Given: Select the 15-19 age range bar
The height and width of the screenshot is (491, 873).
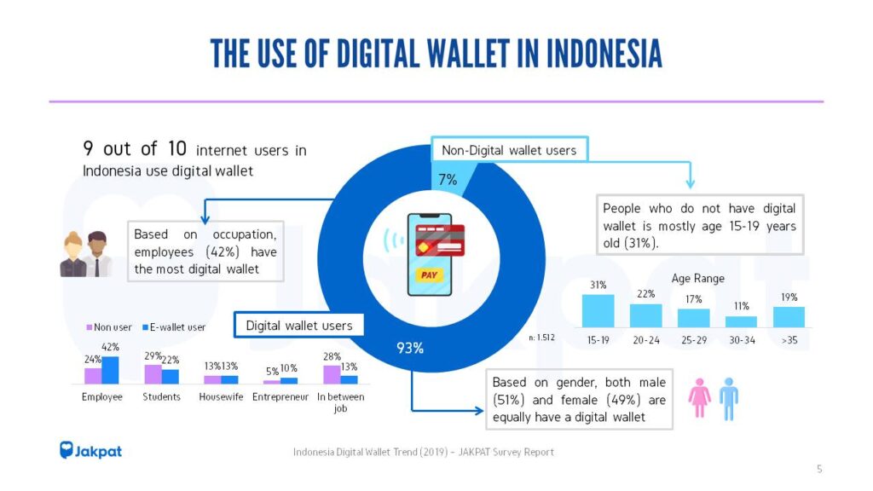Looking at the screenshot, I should point(598,310).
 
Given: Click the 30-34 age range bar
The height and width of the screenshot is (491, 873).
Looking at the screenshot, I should point(741,321).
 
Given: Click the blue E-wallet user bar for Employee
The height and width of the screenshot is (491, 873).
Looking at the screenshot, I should point(111,370).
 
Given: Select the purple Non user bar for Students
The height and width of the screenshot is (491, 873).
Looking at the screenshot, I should point(153,374).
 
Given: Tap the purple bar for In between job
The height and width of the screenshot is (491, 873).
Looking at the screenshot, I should point(332,374).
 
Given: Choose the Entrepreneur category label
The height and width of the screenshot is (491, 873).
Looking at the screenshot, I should point(280,396).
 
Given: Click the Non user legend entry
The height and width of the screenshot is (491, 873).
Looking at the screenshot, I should point(109,326).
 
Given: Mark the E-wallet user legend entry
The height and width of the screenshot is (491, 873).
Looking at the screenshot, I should point(175,326).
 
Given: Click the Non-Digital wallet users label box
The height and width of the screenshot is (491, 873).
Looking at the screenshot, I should point(509,151).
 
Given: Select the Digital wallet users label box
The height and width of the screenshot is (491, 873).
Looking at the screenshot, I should point(298,325).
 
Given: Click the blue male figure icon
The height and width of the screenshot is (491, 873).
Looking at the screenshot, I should point(728,397).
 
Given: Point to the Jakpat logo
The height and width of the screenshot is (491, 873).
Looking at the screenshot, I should point(90,450).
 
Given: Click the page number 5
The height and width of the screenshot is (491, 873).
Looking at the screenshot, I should point(819,468).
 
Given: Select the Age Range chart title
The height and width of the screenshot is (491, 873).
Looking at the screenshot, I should point(698,278).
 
